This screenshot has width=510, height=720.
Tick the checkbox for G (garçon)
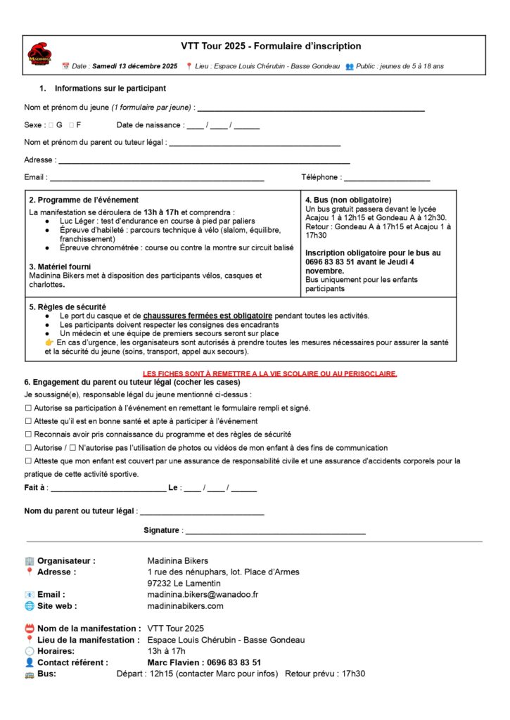pyautogui.click(x=51, y=124)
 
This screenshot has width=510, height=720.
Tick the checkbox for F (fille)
pyautogui.click(x=72, y=124)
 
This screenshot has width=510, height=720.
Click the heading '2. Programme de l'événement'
pyautogui.click(x=84, y=200)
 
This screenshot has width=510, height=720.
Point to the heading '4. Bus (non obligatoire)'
pyautogui.click(x=348, y=200)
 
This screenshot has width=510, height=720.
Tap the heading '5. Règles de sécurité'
pyautogui.click(x=68, y=307)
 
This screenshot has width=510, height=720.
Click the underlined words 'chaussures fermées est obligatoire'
pyautogui.click(x=208, y=316)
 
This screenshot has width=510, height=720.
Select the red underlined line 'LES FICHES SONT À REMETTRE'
pyautogui.click(x=270, y=373)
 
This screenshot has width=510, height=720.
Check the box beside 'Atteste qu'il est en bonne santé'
pyautogui.click(x=28, y=421)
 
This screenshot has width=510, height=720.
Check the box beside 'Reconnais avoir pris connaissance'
pyautogui.click(x=28, y=435)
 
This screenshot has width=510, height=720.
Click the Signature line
pyautogui.click(x=274, y=532)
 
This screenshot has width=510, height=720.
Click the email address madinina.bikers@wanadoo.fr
pyautogui.click(x=203, y=594)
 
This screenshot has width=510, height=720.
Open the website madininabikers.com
pyautogui.click(x=185, y=605)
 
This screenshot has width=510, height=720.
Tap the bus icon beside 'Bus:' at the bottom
pyautogui.click(x=29, y=674)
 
